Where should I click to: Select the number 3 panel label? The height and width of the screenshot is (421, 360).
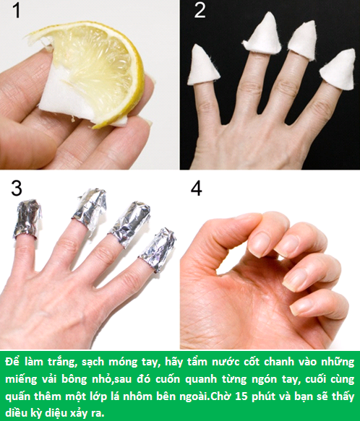16,189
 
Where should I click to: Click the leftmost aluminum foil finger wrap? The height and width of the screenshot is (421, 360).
27,218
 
